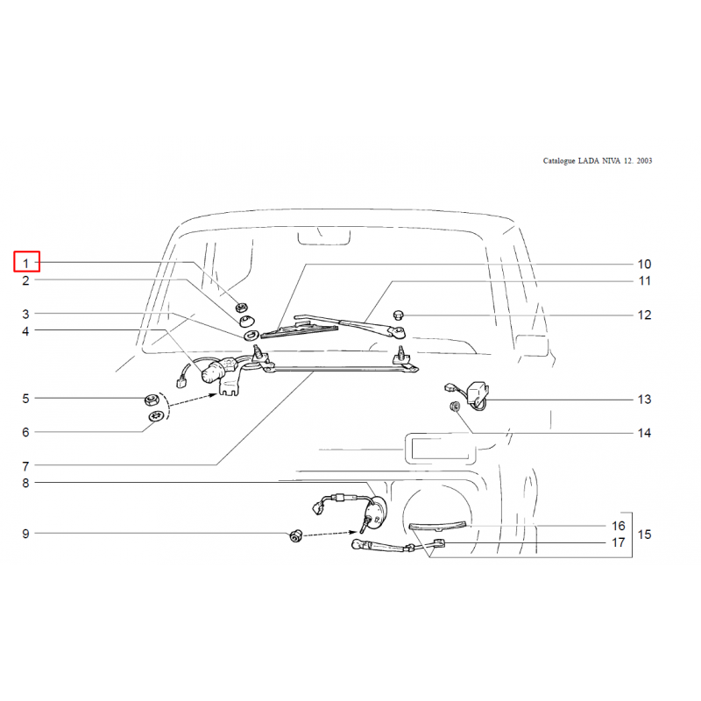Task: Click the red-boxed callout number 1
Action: [x=26, y=264]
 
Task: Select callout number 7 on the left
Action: [x=26, y=466]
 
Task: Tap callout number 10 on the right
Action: [x=644, y=265]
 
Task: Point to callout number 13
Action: [x=644, y=400]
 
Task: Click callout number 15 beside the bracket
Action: [x=644, y=535]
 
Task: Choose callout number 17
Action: [x=619, y=542]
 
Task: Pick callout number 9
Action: [x=26, y=534]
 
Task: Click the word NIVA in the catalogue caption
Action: [x=611, y=160]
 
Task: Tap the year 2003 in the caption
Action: [x=644, y=160]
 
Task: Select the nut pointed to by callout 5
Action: [x=152, y=400]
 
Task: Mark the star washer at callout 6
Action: [x=156, y=416]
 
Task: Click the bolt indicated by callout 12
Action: [x=399, y=315]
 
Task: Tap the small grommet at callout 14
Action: [x=455, y=407]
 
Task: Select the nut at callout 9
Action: [x=296, y=535]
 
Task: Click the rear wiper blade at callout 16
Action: [x=437, y=527]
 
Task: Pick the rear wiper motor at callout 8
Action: [x=375, y=513]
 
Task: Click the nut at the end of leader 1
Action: [x=242, y=308]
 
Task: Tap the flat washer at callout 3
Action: [x=251, y=335]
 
